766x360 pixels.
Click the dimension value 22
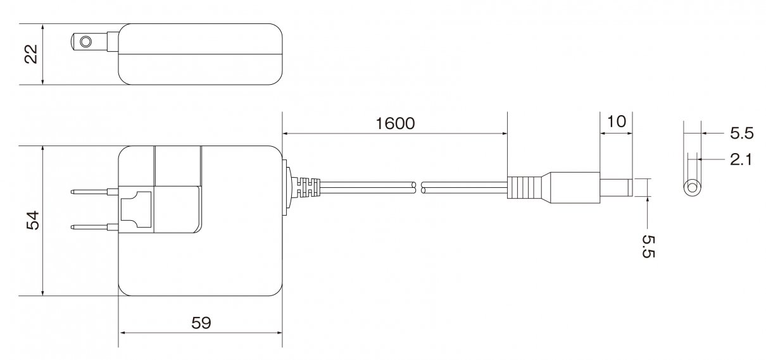[31, 54]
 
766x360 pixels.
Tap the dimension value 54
[33, 221]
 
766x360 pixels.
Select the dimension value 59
[201, 323]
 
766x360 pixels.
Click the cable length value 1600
[395, 123]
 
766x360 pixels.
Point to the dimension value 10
[616, 121]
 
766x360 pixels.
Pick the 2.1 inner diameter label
[741, 159]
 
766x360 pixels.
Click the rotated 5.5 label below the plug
[648, 246]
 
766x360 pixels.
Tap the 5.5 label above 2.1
[742, 133]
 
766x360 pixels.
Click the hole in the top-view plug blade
[85, 42]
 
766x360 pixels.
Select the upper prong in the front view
[95, 192]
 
